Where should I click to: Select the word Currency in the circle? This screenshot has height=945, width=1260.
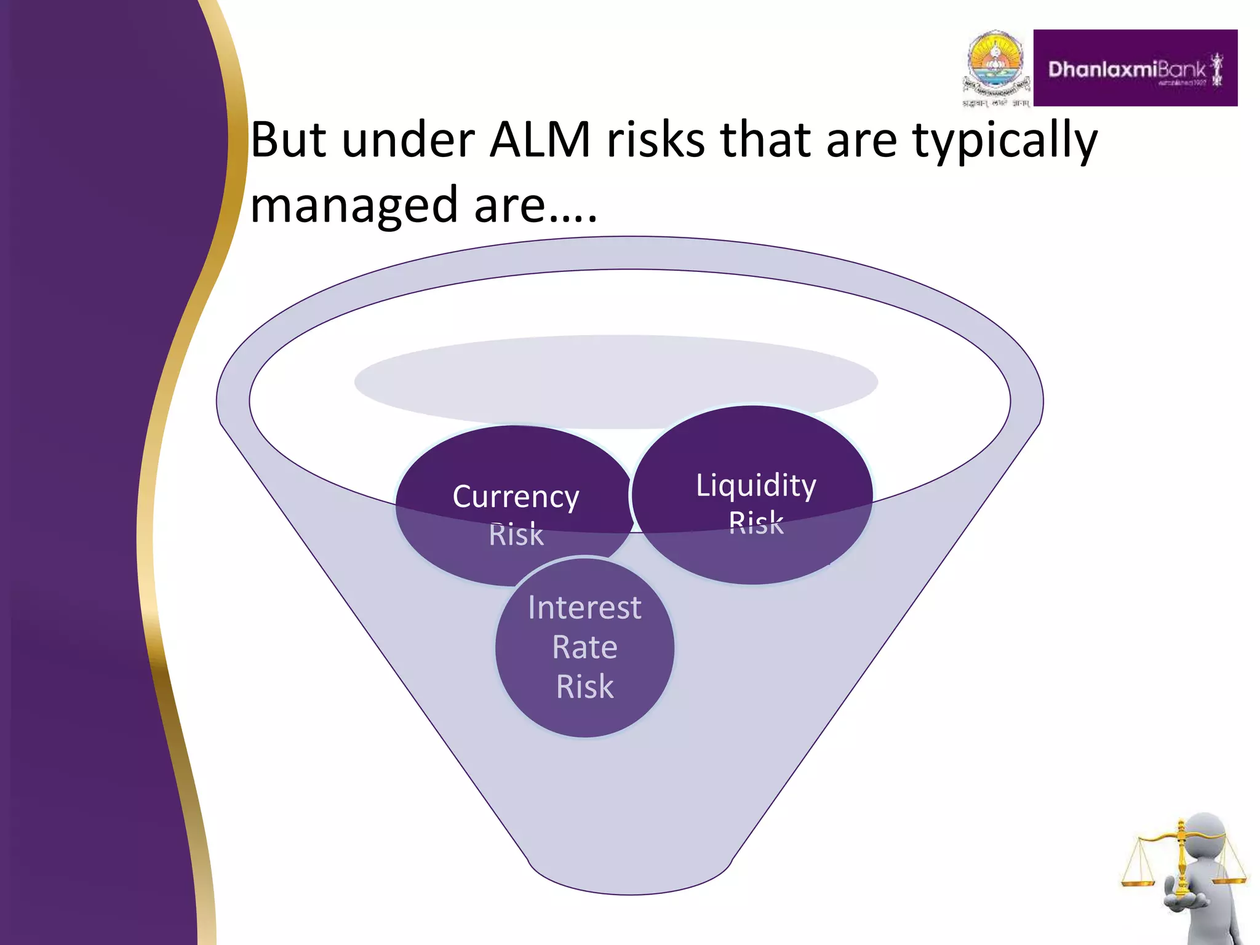click(516, 496)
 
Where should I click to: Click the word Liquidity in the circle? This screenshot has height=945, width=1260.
click(756, 485)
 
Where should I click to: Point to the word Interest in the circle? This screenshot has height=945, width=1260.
click(584, 608)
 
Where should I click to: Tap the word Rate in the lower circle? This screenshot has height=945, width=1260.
click(584, 647)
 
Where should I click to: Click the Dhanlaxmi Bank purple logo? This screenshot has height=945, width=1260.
click(1134, 68)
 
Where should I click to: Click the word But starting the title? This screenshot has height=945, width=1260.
click(288, 140)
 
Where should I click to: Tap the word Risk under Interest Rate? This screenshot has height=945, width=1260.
click(584, 687)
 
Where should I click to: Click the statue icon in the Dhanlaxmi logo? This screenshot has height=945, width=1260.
click(1216, 70)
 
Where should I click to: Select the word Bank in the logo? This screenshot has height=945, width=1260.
click(1182, 70)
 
